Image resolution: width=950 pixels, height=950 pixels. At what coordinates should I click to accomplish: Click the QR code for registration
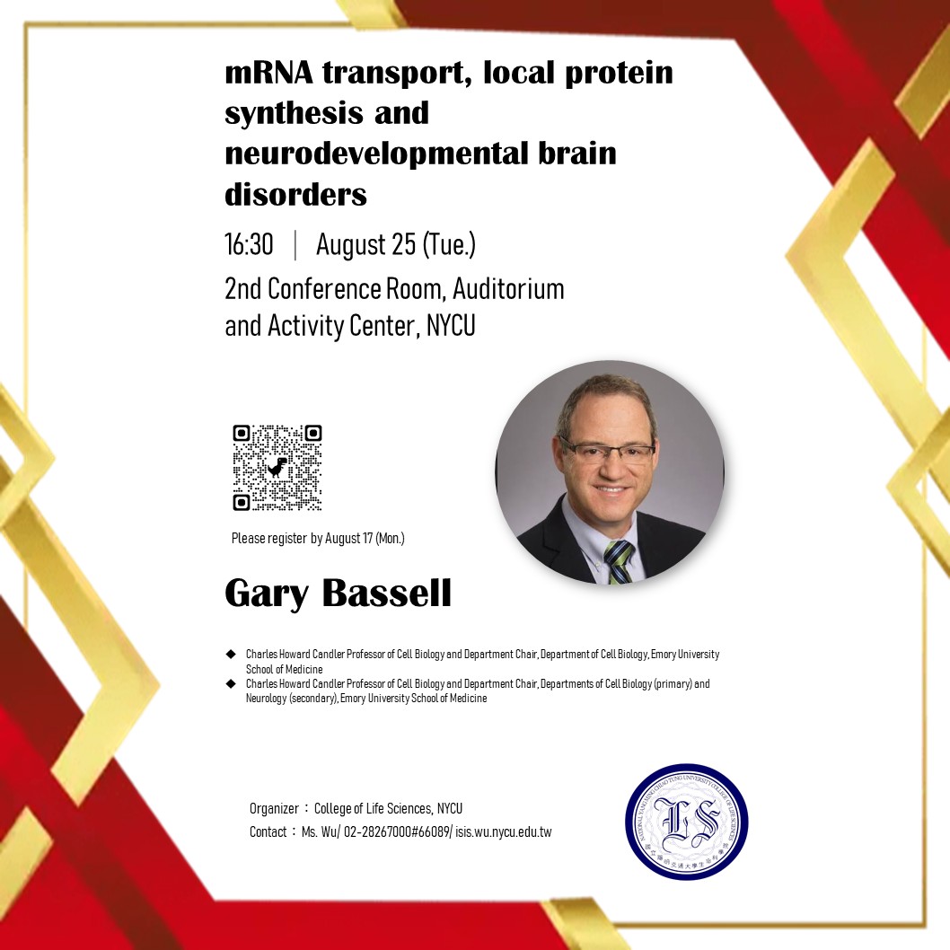tap(277, 468)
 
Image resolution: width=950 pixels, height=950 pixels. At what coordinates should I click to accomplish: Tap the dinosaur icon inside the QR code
tap(277, 467)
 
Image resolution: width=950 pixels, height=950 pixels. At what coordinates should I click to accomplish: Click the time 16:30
tap(249, 244)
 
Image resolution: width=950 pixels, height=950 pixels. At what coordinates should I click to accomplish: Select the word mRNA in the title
tap(269, 73)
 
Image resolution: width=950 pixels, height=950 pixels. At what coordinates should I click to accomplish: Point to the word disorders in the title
tap(295, 195)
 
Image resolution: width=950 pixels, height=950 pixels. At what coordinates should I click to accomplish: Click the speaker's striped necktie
tap(618, 561)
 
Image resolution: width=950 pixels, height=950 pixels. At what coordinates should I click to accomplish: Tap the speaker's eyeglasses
tap(607, 451)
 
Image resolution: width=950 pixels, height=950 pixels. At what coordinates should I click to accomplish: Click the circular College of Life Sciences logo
tap(686, 822)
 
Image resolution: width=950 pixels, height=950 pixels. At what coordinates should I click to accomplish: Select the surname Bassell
tap(386, 593)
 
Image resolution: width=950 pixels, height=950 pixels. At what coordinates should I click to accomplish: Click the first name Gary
tap(267, 594)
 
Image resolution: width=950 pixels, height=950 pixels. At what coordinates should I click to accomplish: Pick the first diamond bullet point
tap(230, 655)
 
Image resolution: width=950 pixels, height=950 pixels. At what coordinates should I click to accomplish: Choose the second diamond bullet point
tap(230, 684)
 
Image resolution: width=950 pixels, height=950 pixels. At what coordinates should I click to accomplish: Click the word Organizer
tap(274, 809)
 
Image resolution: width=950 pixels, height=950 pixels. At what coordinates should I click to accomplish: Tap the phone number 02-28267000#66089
tap(396, 831)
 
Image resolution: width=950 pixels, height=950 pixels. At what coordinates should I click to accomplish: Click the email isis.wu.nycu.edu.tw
tap(504, 831)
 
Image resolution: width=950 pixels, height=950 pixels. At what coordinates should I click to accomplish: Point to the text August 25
tap(365, 245)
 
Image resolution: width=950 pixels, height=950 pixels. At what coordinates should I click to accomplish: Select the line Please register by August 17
tap(318, 538)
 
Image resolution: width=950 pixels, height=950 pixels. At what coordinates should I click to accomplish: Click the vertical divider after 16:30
tap(295, 245)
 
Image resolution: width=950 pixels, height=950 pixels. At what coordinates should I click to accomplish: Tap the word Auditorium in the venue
tap(508, 289)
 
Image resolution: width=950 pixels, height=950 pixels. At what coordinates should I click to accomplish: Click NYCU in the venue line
tap(451, 326)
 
